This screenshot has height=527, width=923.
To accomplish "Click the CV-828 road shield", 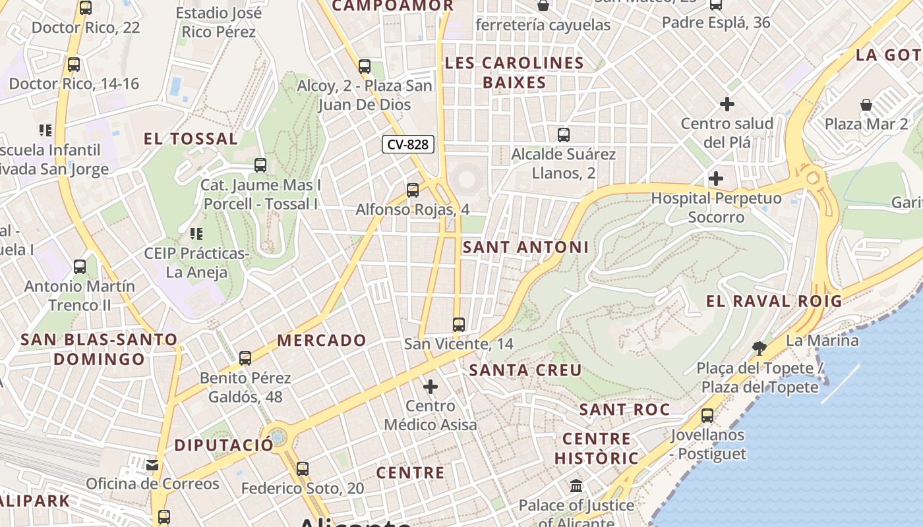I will coord(408,144).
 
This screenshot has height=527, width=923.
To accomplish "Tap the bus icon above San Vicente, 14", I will coord(459,325).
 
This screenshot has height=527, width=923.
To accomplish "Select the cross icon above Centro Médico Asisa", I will coord(431,386).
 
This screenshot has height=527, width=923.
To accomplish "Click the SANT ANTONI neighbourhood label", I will coord(525,247).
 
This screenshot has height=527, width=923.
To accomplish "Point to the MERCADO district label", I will coord(322,341).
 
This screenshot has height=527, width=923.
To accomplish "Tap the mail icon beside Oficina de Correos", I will coord(153,465).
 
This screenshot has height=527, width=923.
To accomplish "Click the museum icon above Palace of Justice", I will coord(576,487).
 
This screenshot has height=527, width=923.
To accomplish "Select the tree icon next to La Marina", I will coord(759,348).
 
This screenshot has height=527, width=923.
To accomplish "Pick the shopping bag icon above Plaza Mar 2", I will coord(866,105).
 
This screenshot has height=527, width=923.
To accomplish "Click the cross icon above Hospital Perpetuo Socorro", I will coord(716,179).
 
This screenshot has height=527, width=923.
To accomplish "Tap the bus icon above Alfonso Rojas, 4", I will coord(413,190).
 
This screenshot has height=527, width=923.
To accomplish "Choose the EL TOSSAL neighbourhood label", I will coord(191,139).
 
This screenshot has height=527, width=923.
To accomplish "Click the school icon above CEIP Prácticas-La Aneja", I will coord(196,234).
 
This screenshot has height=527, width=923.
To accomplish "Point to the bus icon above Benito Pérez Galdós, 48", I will coord(245,358).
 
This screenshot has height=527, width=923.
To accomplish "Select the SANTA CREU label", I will coord(525,370).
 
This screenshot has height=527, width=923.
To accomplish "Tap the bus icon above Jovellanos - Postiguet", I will coord(707,416).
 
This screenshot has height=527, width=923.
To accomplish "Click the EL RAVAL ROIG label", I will coord(774,302).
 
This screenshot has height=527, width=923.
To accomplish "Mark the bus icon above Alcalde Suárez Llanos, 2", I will coord(564,135).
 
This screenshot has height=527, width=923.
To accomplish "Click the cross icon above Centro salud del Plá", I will coord(727,104).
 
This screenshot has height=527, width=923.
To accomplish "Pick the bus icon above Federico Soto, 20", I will coord(303,469).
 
